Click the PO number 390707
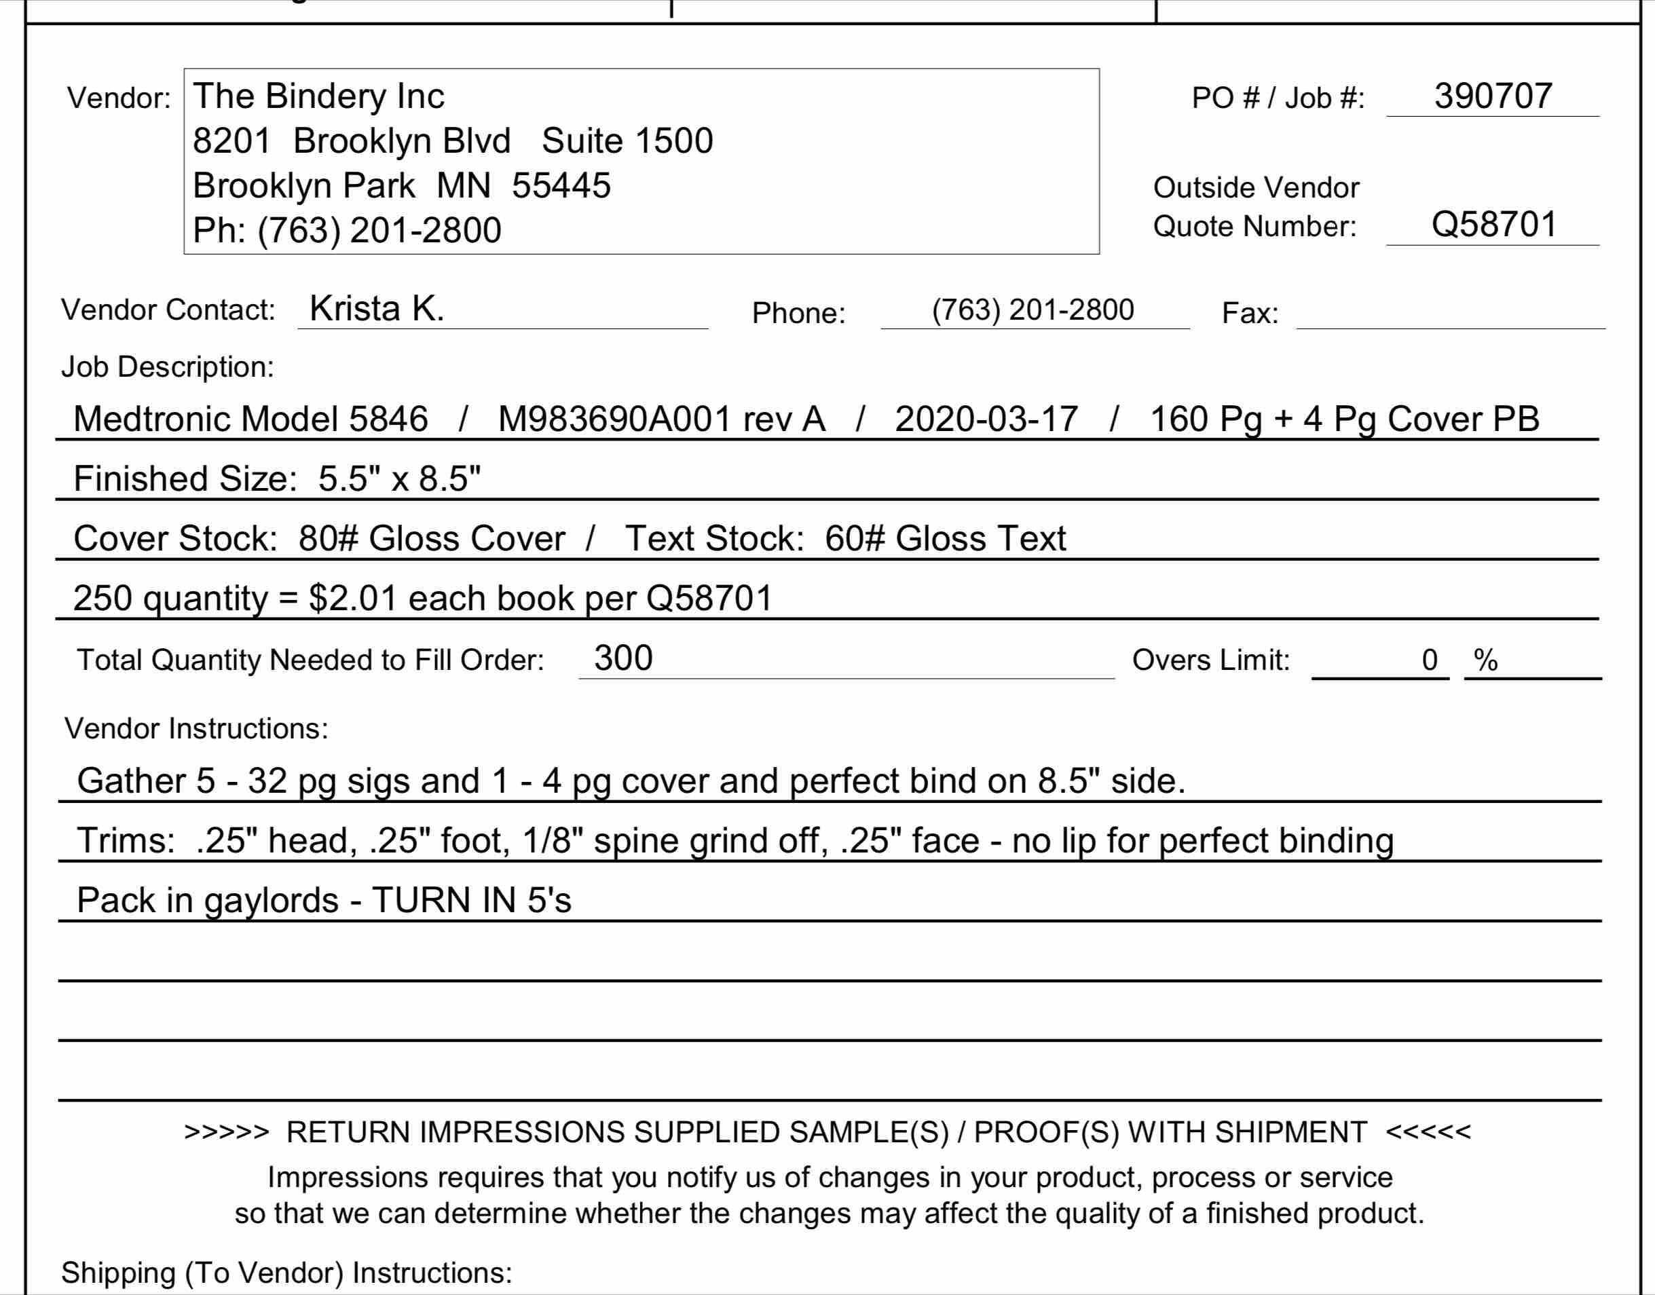(1493, 96)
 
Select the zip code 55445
(561, 186)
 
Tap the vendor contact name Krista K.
(377, 309)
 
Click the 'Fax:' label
(1250, 313)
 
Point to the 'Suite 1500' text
(628, 141)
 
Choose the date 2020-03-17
(986, 419)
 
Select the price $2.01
(352, 598)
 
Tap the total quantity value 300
(623, 658)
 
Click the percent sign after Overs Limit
(1485, 660)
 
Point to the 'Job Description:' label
(168, 367)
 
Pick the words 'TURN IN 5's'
(472, 901)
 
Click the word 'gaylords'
(272, 901)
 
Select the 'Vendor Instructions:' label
(196, 729)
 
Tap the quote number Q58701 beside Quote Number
(1493, 225)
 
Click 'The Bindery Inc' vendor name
(318, 96)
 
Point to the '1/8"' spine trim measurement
(553, 841)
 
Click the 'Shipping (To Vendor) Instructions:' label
(286, 1272)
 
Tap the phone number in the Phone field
(1033, 310)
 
